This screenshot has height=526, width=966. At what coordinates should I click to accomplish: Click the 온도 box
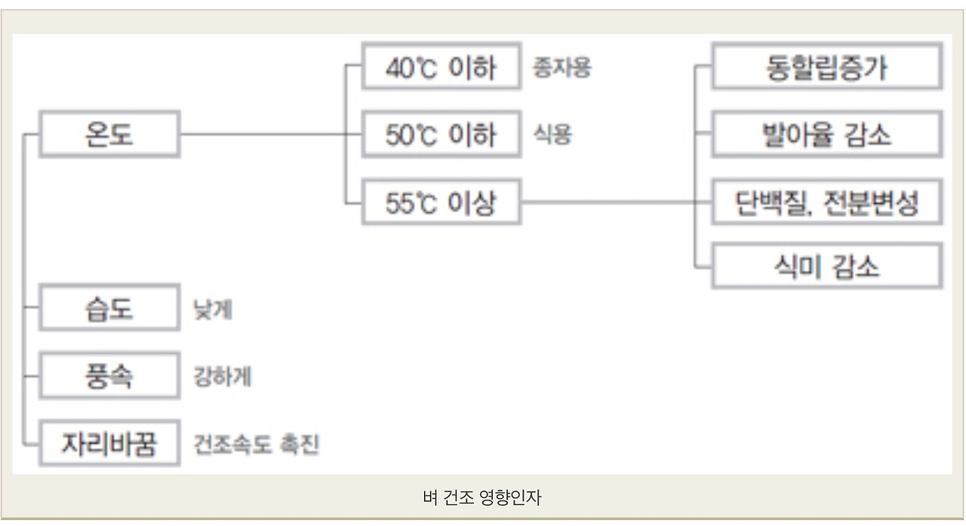[x=109, y=134]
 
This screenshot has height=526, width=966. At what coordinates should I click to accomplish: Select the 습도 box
[x=109, y=308]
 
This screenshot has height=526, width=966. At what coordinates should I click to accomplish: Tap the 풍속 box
[x=109, y=375]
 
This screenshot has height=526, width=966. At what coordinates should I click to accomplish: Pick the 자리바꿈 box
[x=109, y=442]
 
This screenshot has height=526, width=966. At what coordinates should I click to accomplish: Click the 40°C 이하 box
[x=441, y=68]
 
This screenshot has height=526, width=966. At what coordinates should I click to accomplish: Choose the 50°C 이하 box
[x=441, y=135]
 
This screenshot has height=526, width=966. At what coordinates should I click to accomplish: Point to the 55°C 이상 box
[x=441, y=202]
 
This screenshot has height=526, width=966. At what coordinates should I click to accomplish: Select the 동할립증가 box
[x=826, y=68]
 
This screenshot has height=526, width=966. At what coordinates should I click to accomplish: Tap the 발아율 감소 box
[x=826, y=135]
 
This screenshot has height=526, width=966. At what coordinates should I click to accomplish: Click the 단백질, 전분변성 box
[x=826, y=202]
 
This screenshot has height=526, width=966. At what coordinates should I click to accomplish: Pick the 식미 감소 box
[x=826, y=266]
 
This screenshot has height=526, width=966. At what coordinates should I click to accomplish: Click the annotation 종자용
[x=561, y=68]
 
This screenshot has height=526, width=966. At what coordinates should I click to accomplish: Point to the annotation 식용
[x=552, y=135]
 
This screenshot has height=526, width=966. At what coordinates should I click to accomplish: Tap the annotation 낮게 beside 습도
[x=213, y=309]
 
